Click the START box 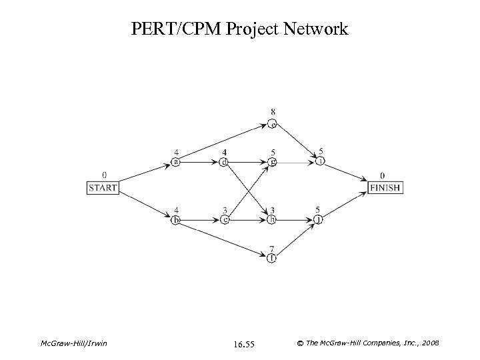(102, 188)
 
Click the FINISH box (385, 188)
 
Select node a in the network (175, 161)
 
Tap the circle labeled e (272, 123)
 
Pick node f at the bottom (271, 257)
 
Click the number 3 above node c (224, 210)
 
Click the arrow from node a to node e (223, 142)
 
